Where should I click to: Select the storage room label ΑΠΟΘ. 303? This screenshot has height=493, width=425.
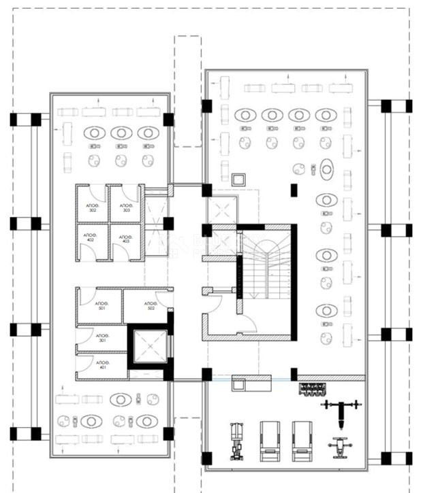tap(125, 207)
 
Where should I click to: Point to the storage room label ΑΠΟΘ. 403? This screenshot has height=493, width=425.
tap(125, 238)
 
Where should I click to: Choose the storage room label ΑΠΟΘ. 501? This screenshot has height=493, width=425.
tap(101, 305)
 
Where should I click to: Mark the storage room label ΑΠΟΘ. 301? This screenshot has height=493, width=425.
tap(102, 338)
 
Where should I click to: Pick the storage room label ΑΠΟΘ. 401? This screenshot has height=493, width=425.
tap(102, 365)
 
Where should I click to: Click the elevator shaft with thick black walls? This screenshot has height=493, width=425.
tap(148, 347)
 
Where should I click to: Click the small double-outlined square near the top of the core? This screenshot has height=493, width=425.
tap(238, 180)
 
